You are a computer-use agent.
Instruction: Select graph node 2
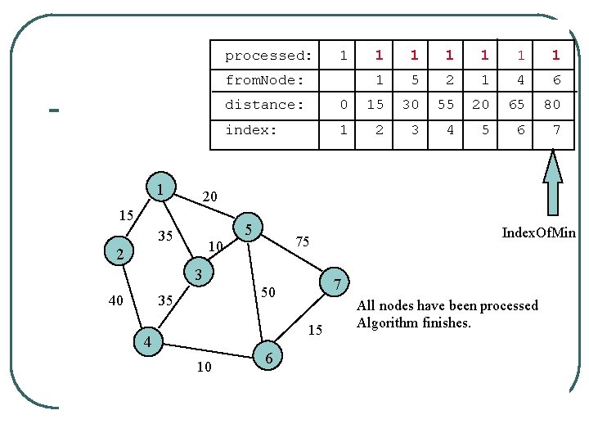(x=119, y=254)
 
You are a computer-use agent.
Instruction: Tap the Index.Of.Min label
(x=538, y=233)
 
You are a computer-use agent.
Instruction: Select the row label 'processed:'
(x=268, y=56)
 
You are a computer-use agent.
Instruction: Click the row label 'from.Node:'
(x=265, y=80)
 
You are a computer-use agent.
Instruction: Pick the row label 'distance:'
(x=264, y=105)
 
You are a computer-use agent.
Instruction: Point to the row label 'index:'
(x=251, y=130)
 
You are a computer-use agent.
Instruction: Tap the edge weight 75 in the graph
(x=302, y=241)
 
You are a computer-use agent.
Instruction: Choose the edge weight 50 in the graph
(x=268, y=292)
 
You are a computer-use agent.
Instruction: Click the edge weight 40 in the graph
(x=116, y=300)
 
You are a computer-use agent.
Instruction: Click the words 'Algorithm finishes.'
(x=414, y=322)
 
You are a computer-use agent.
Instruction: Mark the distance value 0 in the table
(x=344, y=105)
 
